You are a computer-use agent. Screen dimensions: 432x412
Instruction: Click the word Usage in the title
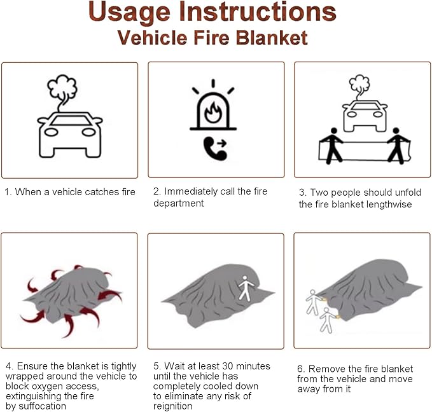coord(129,12)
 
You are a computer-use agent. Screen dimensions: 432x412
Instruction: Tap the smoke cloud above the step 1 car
coord(62,88)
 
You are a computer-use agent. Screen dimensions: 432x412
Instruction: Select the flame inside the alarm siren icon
coord(213,112)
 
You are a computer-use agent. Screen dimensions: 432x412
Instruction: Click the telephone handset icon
coord(215,148)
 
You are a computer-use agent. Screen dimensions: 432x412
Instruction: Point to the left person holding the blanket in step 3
coord(333,146)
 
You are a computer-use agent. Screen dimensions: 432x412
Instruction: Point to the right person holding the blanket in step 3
coord(398,146)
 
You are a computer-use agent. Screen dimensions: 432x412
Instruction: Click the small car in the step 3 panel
coord(365,116)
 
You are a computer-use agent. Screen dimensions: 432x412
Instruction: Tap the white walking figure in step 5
coord(245,288)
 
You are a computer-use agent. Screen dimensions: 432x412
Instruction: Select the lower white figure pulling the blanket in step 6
coord(327,320)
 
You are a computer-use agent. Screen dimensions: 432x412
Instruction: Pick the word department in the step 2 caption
coord(179,203)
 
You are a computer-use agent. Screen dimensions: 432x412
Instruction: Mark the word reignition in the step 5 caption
coord(173,406)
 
